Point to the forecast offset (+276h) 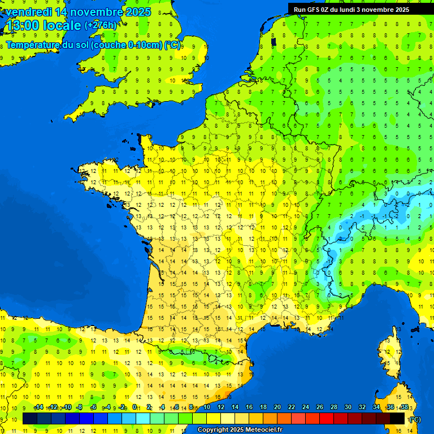101,25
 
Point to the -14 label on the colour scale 38,407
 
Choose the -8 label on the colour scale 80,407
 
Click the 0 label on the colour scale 134,407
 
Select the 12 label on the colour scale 221,407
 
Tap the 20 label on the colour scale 277,407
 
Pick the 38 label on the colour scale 404,407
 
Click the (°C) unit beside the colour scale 415,419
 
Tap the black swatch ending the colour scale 398,419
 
